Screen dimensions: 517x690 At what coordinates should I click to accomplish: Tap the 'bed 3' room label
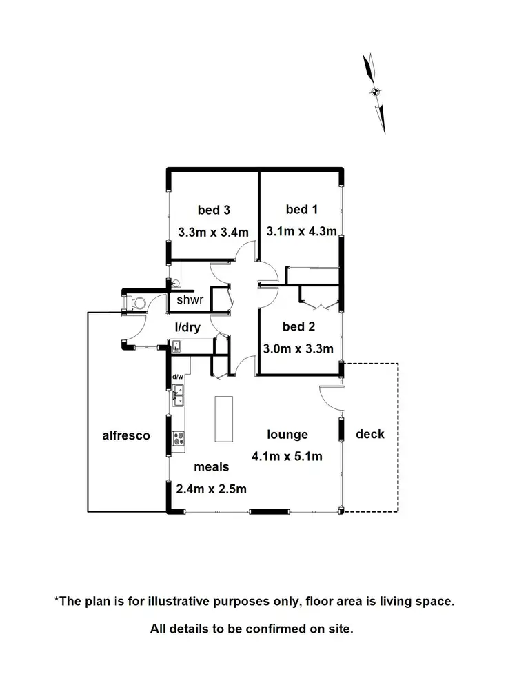click(213, 210)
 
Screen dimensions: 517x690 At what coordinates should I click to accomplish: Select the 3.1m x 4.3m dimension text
click(302, 232)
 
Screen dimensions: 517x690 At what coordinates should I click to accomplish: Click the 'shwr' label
click(190, 300)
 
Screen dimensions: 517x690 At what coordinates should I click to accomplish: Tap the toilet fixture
click(138, 302)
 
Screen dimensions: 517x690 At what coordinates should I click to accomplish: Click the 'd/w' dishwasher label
click(177, 376)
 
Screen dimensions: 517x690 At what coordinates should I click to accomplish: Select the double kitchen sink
click(178, 395)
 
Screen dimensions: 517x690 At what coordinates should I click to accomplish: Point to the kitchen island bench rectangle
click(224, 419)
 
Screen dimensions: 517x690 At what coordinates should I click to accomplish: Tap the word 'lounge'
click(287, 435)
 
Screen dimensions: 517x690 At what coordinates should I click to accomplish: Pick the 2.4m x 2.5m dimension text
click(212, 489)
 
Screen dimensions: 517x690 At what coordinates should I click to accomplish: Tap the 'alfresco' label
click(126, 435)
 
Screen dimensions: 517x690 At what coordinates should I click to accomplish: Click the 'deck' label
click(370, 434)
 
